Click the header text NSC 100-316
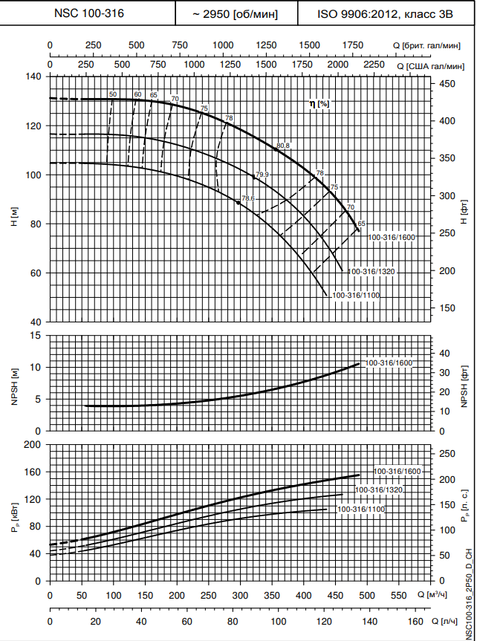click(x=89, y=13)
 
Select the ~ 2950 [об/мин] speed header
click(x=236, y=13)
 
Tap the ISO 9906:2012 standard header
click(x=380, y=13)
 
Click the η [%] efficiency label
click(x=319, y=104)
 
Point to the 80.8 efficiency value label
click(x=282, y=146)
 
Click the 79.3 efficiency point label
click(x=262, y=175)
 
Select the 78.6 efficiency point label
click(x=248, y=198)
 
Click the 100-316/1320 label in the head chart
click(x=371, y=272)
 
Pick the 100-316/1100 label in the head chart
click(x=356, y=296)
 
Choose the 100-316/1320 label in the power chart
click(x=379, y=490)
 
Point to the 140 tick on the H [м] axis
click(x=35, y=77)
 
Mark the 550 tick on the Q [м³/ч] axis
click(x=399, y=596)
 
